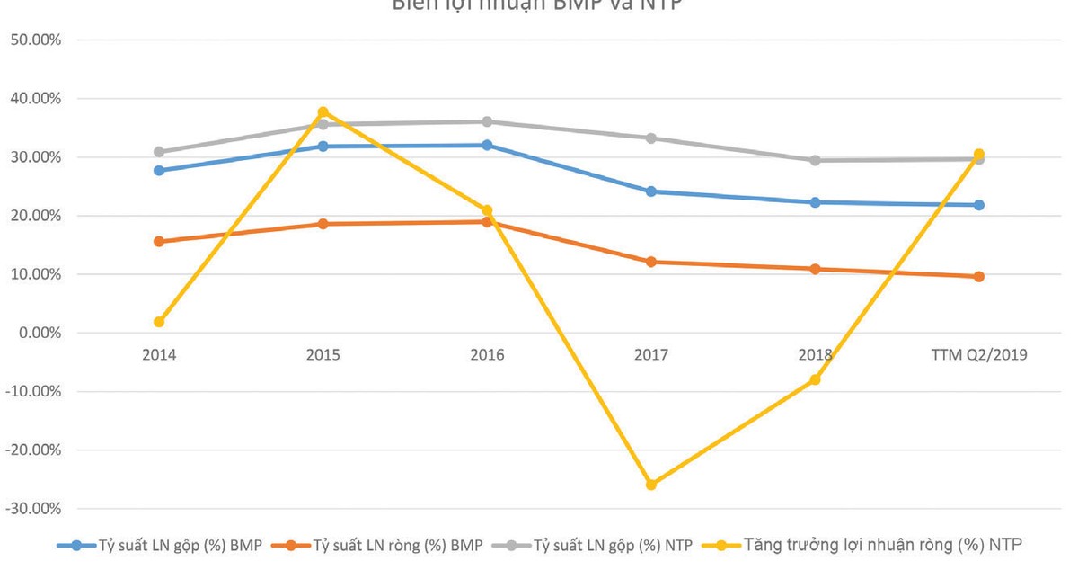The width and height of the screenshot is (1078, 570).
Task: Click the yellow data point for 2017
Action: click(x=651, y=485)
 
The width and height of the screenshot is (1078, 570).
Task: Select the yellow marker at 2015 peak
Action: click(x=323, y=112)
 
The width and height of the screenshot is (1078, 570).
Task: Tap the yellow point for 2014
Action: click(x=159, y=322)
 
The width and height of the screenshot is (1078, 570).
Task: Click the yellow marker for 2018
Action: click(x=815, y=379)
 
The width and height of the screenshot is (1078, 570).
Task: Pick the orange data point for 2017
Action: click(x=651, y=262)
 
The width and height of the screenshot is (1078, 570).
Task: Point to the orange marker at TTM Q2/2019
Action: click(x=978, y=277)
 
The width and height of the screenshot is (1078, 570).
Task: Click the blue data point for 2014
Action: click(x=159, y=170)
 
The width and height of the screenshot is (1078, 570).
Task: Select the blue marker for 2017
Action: click(x=651, y=191)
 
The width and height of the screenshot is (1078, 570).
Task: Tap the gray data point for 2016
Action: click(x=487, y=121)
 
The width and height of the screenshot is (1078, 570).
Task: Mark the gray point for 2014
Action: click(x=159, y=152)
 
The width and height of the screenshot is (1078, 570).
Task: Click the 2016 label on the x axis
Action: click(x=487, y=355)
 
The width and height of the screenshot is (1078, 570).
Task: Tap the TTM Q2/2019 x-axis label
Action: click(x=978, y=355)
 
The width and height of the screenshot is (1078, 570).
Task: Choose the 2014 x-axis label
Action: click(x=159, y=355)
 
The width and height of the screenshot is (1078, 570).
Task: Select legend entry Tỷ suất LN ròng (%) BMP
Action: click(x=386, y=545)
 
